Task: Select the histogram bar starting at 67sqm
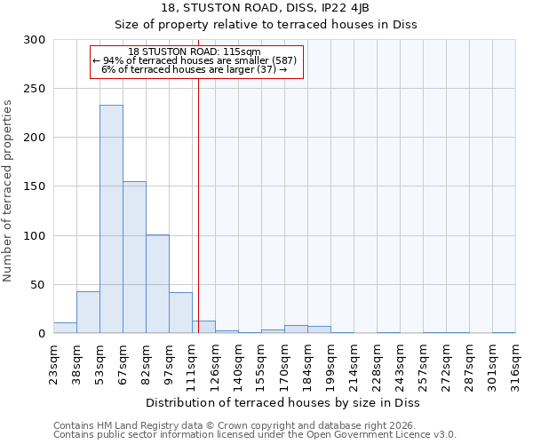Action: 134,258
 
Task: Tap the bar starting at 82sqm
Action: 157,284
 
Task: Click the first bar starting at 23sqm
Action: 65,328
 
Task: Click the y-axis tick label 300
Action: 35,40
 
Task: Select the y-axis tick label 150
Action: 35,186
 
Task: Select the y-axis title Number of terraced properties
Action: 8,191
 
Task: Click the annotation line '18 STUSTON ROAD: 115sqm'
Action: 194,52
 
